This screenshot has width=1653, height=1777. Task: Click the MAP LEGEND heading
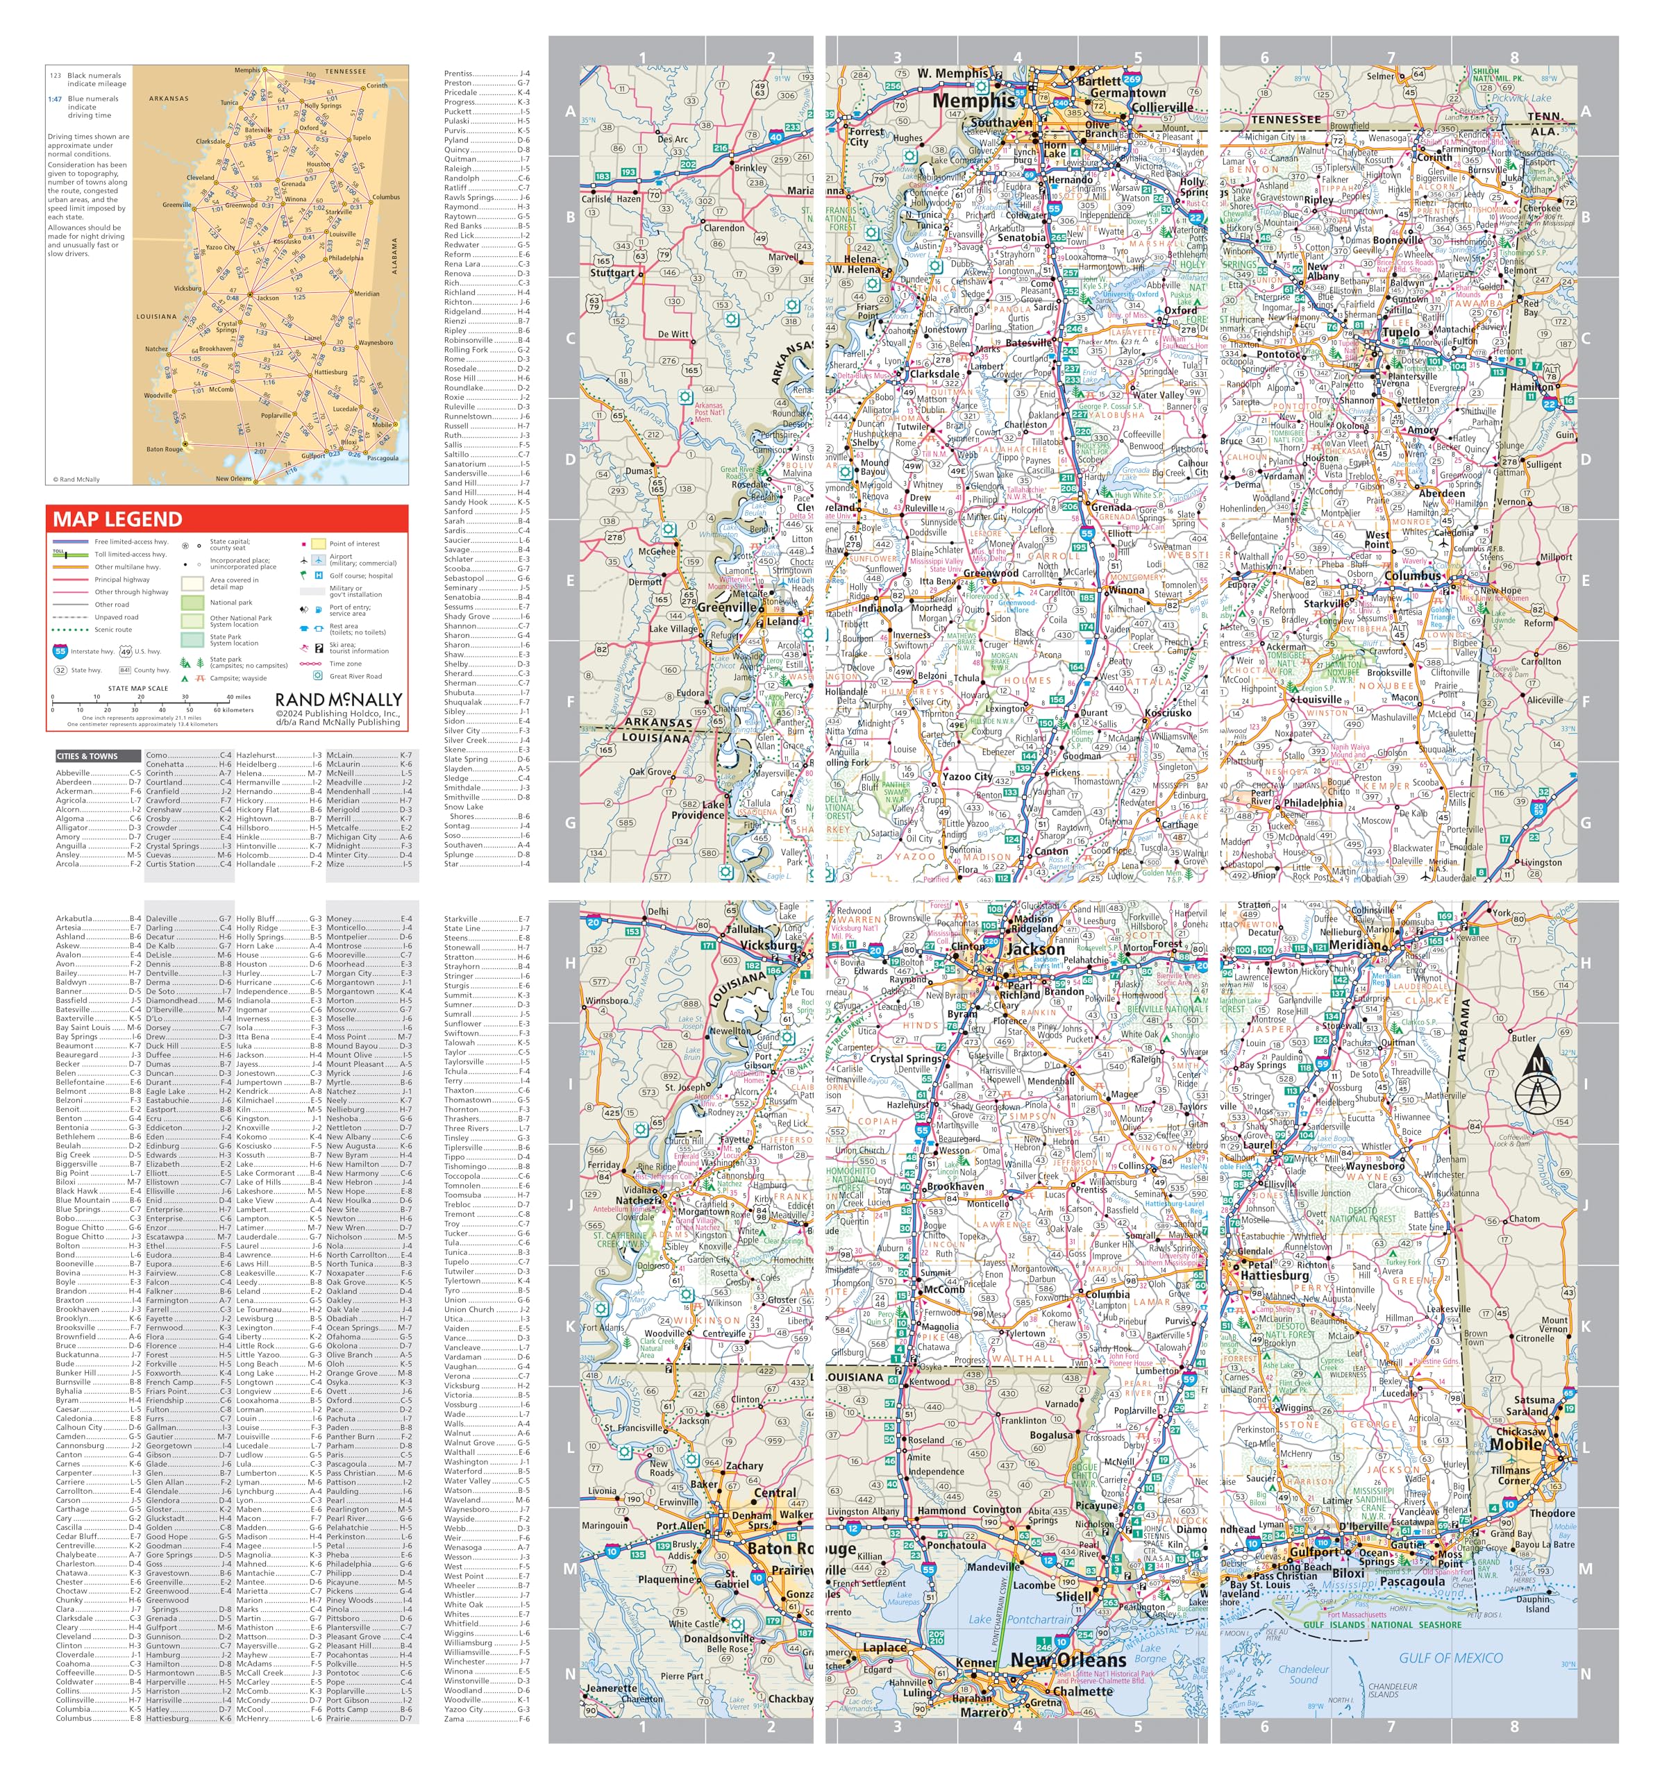117,519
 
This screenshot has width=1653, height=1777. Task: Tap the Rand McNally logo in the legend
338,700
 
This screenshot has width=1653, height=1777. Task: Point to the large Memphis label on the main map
973,101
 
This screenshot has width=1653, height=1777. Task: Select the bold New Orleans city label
1068,1660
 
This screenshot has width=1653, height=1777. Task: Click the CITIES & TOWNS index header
87,756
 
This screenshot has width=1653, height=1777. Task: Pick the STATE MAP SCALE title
137,689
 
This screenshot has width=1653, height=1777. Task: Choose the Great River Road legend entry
355,677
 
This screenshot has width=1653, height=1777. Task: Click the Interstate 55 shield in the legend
60,652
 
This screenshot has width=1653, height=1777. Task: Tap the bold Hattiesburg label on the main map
1274,1276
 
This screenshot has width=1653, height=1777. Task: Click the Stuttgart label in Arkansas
612,273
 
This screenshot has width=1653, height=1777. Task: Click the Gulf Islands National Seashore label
1382,1624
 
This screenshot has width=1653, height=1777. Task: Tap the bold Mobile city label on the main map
1516,1444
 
